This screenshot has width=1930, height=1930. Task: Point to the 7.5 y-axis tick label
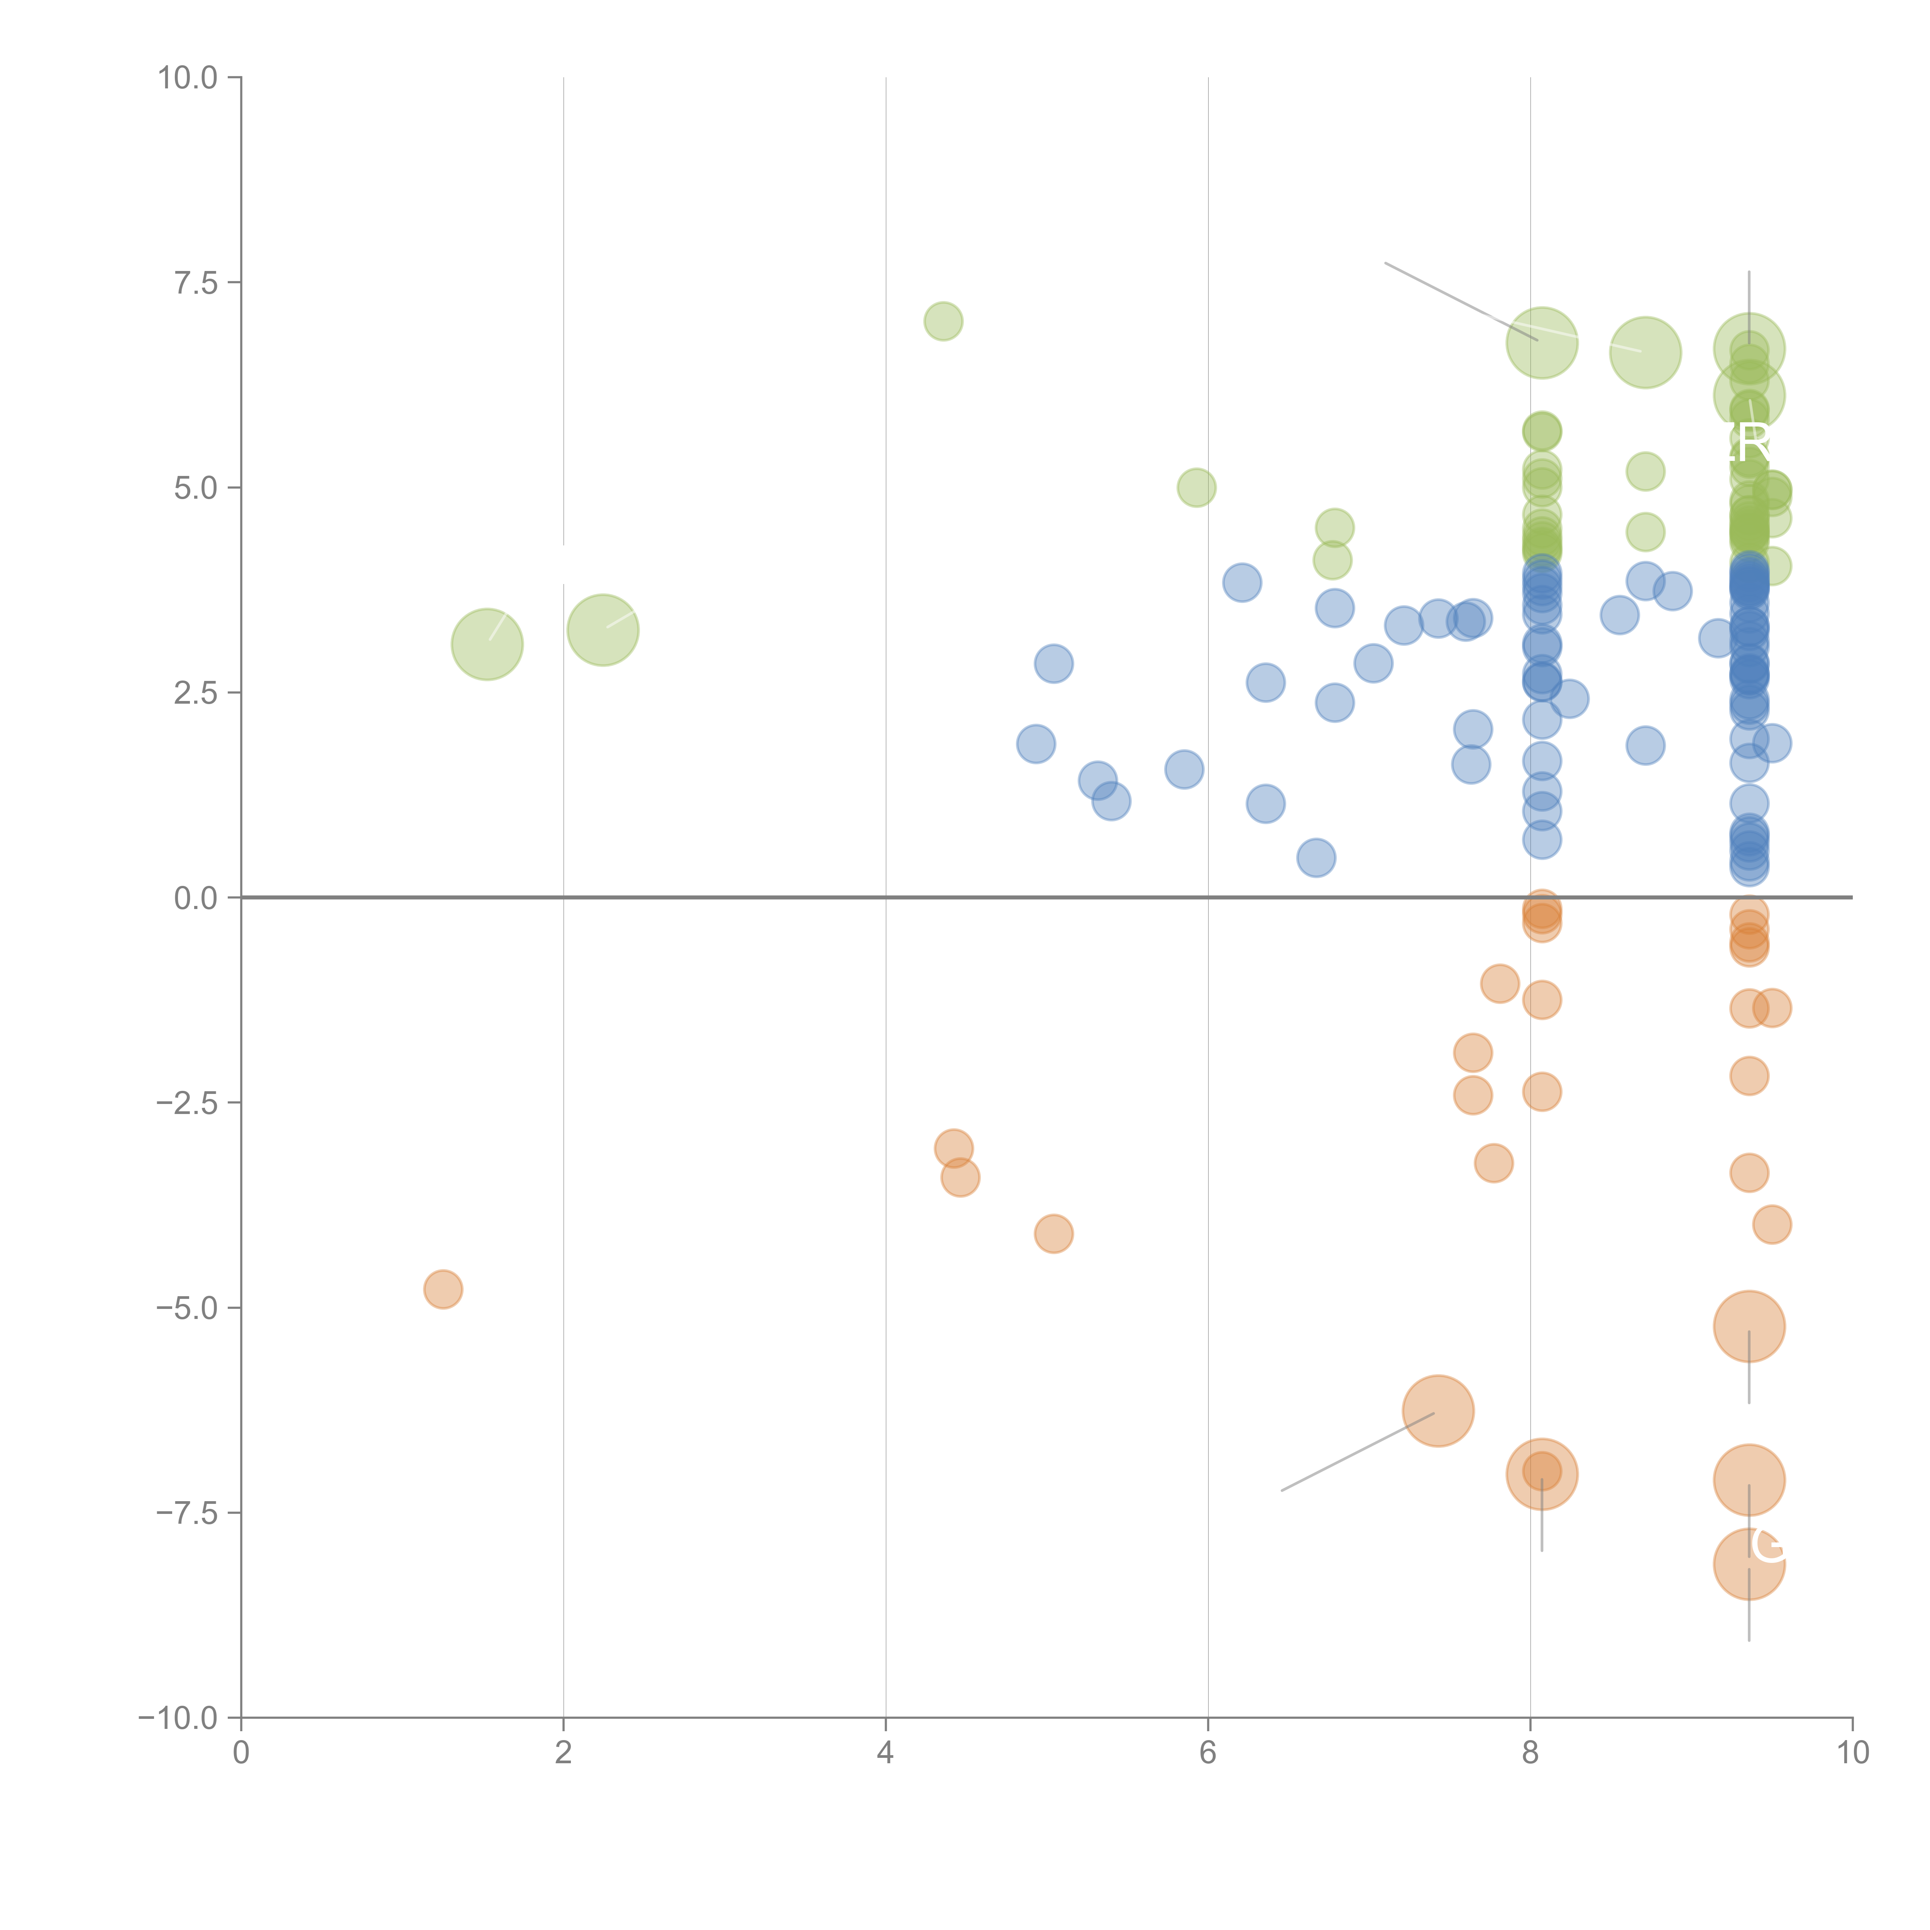coord(196,283)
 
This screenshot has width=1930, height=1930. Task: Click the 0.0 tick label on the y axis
coord(196,898)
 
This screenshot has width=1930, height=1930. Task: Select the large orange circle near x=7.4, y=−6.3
coord(1437,1410)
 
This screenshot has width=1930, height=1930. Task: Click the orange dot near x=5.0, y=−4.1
coord(1053,1234)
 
